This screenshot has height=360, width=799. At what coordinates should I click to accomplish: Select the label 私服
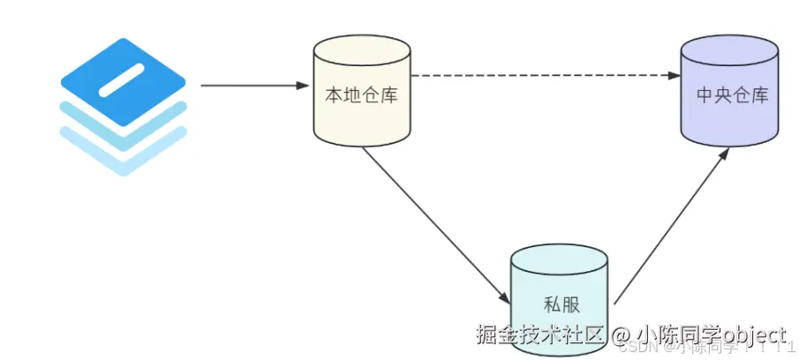click(558, 304)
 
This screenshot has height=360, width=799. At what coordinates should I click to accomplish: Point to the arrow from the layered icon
click(252, 86)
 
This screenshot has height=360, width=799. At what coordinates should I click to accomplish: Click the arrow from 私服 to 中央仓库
click(671, 226)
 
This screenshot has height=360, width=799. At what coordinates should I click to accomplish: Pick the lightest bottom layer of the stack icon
click(124, 159)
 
